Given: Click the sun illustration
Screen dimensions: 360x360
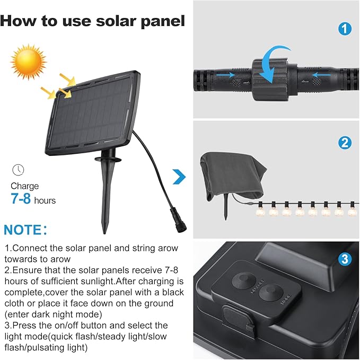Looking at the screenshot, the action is click(x=29, y=62).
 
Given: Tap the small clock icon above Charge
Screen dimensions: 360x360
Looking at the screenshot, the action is click(x=18, y=170).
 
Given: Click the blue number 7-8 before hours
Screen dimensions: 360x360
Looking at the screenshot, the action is click(x=21, y=199).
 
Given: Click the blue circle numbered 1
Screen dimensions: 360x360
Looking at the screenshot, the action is click(x=345, y=29).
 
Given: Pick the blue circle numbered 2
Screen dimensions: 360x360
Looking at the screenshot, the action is click(x=345, y=143).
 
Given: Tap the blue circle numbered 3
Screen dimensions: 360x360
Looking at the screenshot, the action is click(x=345, y=259).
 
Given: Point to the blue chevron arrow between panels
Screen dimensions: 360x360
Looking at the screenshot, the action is click(x=179, y=177).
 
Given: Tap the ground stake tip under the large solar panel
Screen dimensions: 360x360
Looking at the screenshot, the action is click(x=105, y=232).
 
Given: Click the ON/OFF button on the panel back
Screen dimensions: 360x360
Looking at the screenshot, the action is click(x=244, y=280).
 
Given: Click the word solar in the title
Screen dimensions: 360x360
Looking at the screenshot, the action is click(x=117, y=21).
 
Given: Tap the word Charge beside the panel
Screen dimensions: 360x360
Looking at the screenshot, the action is click(x=25, y=186).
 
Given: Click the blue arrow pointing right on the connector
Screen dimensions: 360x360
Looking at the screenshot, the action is click(x=225, y=75).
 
